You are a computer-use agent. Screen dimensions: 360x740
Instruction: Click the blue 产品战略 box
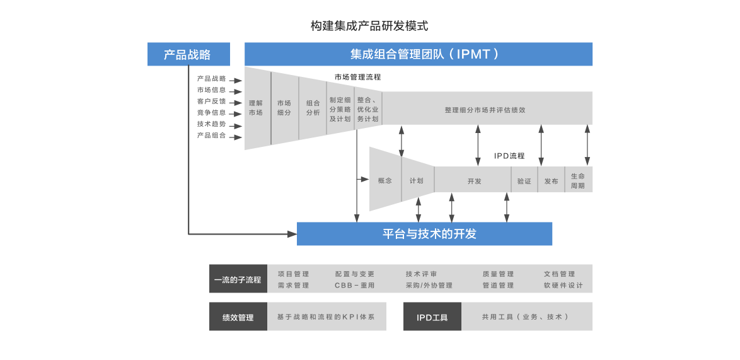tap(188, 54)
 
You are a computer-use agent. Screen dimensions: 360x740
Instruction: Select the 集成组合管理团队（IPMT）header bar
tap(419, 54)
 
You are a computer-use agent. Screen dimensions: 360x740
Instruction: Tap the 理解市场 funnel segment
tap(256, 108)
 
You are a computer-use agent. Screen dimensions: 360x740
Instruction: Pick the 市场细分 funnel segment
tap(284, 108)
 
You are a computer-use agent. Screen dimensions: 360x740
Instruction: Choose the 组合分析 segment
tap(313, 108)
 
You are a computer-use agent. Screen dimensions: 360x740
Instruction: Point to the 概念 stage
tap(384, 181)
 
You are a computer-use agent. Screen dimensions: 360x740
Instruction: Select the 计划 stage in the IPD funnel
tap(417, 181)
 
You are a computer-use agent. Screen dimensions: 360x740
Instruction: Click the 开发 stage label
tap(474, 182)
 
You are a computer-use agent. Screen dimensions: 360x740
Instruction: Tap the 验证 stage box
tap(524, 182)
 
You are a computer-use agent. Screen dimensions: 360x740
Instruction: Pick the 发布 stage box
tap(551, 182)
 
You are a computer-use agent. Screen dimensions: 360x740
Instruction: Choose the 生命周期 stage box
tap(578, 181)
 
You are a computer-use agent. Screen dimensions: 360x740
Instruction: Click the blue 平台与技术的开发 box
tap(424, 234)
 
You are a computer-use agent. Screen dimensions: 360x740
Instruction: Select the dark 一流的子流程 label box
tap(238, 279)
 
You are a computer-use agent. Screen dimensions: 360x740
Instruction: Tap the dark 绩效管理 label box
tap(238, 317)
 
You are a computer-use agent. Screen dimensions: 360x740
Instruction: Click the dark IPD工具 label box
tap(432, 317)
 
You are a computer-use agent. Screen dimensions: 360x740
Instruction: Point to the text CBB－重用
tap(354, 286)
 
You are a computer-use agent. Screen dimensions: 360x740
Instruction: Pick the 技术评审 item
tap(421, 274)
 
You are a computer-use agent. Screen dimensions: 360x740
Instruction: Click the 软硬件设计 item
tap(563, 286)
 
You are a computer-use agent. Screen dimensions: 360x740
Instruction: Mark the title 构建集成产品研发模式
tap(369, 26)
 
